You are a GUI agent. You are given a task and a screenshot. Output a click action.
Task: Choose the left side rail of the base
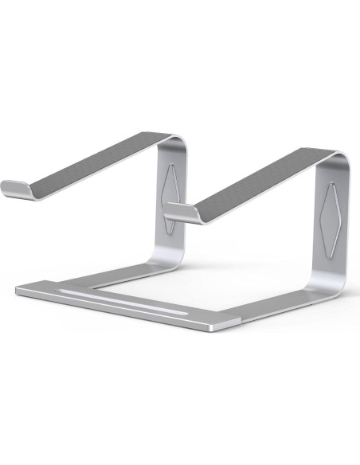coord(112,275)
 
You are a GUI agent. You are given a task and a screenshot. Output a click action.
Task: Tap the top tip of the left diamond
coord(173,164)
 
